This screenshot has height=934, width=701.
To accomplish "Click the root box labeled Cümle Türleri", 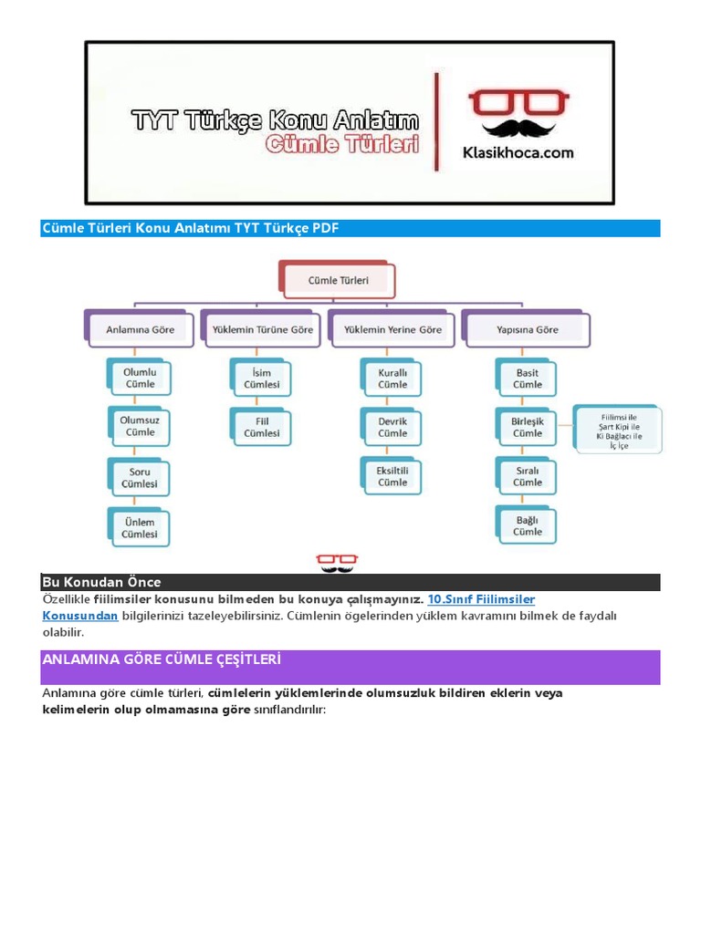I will pos(340,281).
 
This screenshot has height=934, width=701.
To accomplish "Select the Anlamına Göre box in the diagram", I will pos(140,329).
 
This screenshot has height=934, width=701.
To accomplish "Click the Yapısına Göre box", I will pos(527,329).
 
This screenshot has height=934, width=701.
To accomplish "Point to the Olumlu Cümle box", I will pos(140,379).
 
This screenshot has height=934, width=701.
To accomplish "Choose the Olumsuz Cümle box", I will pos(140,427).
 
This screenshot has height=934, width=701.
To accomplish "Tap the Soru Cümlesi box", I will pos(140,477).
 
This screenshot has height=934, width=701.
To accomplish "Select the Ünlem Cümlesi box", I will pos(140,527).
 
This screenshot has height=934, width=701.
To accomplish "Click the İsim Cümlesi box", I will pos(262,379).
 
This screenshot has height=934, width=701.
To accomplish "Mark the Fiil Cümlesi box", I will pos(262,427).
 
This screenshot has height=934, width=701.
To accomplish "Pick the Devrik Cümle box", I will pos(392,427).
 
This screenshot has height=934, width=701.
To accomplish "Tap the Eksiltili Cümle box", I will pos(392,476).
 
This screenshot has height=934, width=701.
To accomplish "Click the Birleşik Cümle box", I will pos(527,427).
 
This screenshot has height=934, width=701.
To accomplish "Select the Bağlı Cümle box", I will pos(527,525).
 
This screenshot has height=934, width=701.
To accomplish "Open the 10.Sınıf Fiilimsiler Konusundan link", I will pos(481,599).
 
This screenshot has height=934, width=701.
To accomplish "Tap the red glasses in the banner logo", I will pos(518,102).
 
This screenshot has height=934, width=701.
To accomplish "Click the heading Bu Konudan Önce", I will pos(102,582).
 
